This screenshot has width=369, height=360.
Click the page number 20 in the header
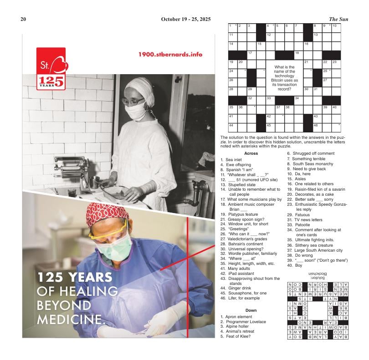pos(24,19)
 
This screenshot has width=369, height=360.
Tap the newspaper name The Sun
pos(338,19)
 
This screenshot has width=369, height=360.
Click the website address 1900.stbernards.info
pos(170,54)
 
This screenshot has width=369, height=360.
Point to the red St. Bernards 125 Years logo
pos(51,68)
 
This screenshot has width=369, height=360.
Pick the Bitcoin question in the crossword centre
pos(285,78)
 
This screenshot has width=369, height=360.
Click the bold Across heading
pos(251,153)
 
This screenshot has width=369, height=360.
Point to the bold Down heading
pos(251,310)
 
